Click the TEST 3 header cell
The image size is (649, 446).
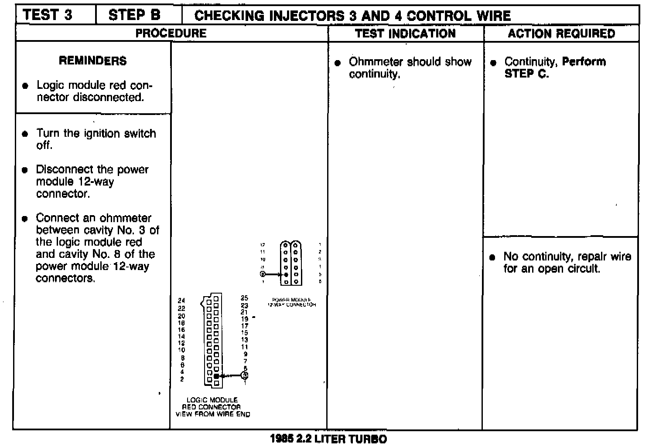[48, 15]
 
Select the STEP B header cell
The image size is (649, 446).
[134, 15]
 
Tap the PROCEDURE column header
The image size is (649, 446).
[171, 33]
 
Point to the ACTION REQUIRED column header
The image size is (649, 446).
[561, 34]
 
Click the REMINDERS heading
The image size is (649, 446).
[92, 61]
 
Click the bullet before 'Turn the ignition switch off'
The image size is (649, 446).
[25, 134]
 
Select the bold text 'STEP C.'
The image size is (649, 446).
[526, 74]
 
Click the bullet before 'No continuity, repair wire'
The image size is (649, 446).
[492, 257]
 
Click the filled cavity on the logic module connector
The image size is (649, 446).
[216, 375]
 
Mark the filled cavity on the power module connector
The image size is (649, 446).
[286, 274]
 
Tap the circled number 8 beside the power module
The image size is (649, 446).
[263, 274]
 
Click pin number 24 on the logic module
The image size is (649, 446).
[181, 301]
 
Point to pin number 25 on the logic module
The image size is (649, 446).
[244, 298]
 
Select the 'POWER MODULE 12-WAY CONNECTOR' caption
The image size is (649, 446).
[291, 302]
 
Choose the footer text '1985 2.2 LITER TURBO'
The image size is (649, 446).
[328, 439]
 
